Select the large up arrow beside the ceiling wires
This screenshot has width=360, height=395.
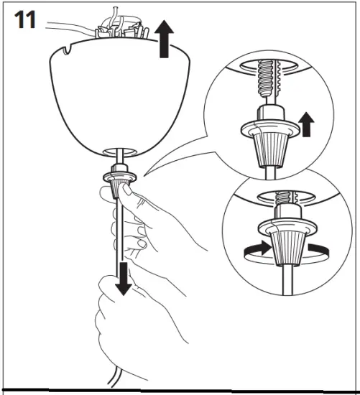(165, 40)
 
